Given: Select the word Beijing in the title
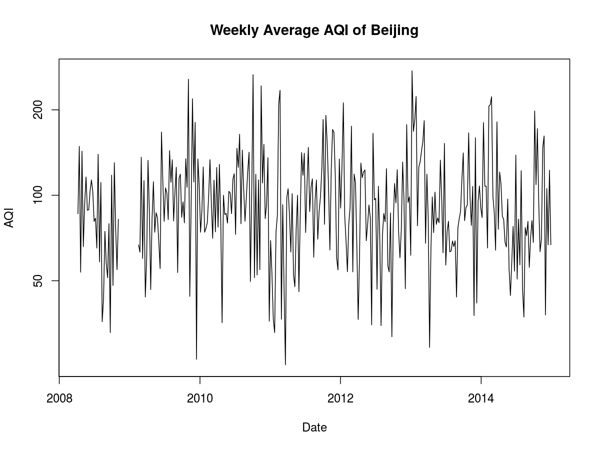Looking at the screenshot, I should tap(394, 30).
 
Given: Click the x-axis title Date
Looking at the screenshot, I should tap(314, 427).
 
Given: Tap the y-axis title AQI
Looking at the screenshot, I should tap(9, 218).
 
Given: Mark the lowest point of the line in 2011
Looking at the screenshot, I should tap(285, 364).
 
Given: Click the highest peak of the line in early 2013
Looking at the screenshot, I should tap(412, 71).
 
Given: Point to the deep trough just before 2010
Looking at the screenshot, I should tap(196, 359).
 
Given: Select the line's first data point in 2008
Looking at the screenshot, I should tap(78, 214).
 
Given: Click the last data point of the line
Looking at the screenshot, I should tap(550, 244).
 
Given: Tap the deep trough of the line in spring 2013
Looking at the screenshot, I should tap(429, 347).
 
